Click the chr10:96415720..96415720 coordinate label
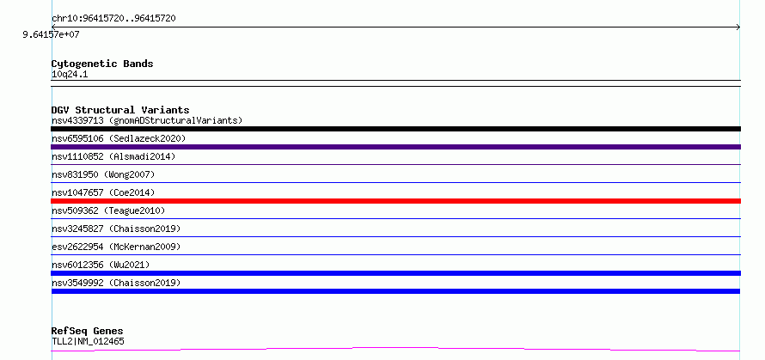(x=113, y=19)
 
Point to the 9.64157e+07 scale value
(x=51, y=34)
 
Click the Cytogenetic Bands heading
(x=102, y=64)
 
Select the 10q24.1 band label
(x=70, y=75)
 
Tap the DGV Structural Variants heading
(x=120, y=110)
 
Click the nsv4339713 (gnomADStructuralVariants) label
(x=147, y=120)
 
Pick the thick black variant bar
(x=395, y=129)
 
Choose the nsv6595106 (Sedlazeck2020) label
(x=119, y=138)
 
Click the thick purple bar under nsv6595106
(x=395, y=147)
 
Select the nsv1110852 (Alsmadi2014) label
(x=113, y=156)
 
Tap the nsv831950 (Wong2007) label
(x=103, y=174)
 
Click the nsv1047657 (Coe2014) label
(x=103, y=192)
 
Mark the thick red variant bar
(x=395, y=201)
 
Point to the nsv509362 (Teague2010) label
(x=108, y=211)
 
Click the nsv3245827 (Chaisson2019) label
(x=116, y=229)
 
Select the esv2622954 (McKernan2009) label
(x=116, y=247)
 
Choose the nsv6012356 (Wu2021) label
(x=101, y=265)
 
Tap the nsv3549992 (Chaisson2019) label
(x=116, y=283)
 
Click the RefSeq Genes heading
(x=88, y=332)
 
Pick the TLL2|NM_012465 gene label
(x=88, y=341)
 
